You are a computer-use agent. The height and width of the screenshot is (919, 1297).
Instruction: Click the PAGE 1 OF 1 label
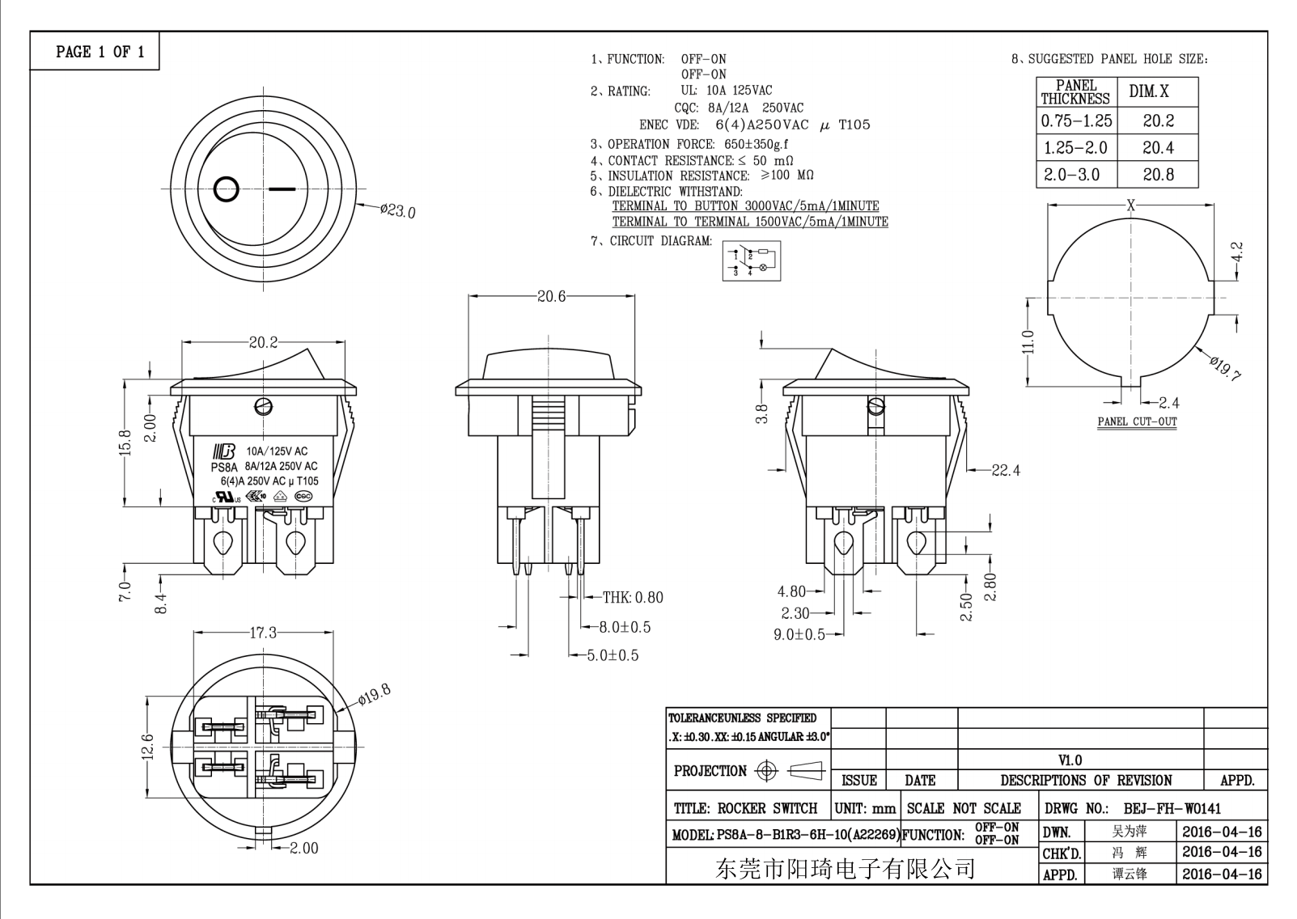click(100, 52)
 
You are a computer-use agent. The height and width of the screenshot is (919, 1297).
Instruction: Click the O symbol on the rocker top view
click(227, 189)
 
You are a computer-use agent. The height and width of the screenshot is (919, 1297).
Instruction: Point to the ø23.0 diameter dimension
click(397, 211)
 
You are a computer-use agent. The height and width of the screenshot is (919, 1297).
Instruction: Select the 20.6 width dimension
click(551, 297)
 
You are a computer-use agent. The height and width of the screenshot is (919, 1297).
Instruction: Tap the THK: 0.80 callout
click(633, 598)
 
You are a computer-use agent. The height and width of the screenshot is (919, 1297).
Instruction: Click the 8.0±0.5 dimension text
click(625, 627)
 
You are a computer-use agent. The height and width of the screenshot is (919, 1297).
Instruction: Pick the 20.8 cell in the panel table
click(1158, 175)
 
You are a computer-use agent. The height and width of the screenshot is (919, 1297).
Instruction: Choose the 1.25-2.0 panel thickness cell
click(1075, 148)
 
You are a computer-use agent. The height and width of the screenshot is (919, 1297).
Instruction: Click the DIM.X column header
click(1149, 91)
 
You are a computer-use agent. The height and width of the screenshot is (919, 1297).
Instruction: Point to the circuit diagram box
click(752, 260)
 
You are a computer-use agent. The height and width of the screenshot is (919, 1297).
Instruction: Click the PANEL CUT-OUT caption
click(1137, 421)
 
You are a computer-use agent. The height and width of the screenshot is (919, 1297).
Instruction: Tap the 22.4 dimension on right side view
click(1006, 470)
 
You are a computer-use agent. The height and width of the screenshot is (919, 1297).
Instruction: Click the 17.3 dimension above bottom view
click(263, 633)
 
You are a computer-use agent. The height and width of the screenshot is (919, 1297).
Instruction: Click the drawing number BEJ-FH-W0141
click(1172, 808)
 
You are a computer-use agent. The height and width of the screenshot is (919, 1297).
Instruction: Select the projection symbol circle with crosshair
click(766, 771)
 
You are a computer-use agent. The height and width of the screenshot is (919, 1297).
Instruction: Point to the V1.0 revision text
click(1070, 760)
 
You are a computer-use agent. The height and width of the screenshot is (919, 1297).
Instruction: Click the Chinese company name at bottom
click(846, 869)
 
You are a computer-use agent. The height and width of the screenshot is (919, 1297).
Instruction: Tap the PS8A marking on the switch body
click(223, 467)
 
